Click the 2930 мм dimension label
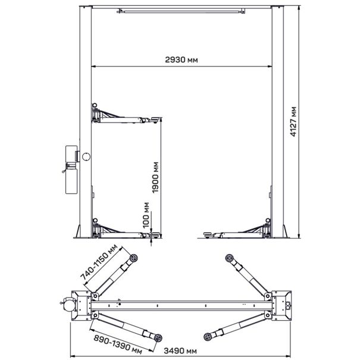181,60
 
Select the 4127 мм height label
293,121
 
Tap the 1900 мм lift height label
155,177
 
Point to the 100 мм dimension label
146,215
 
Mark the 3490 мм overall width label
180,351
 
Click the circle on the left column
86,156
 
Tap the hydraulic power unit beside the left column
71,170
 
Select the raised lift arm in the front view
126,115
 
